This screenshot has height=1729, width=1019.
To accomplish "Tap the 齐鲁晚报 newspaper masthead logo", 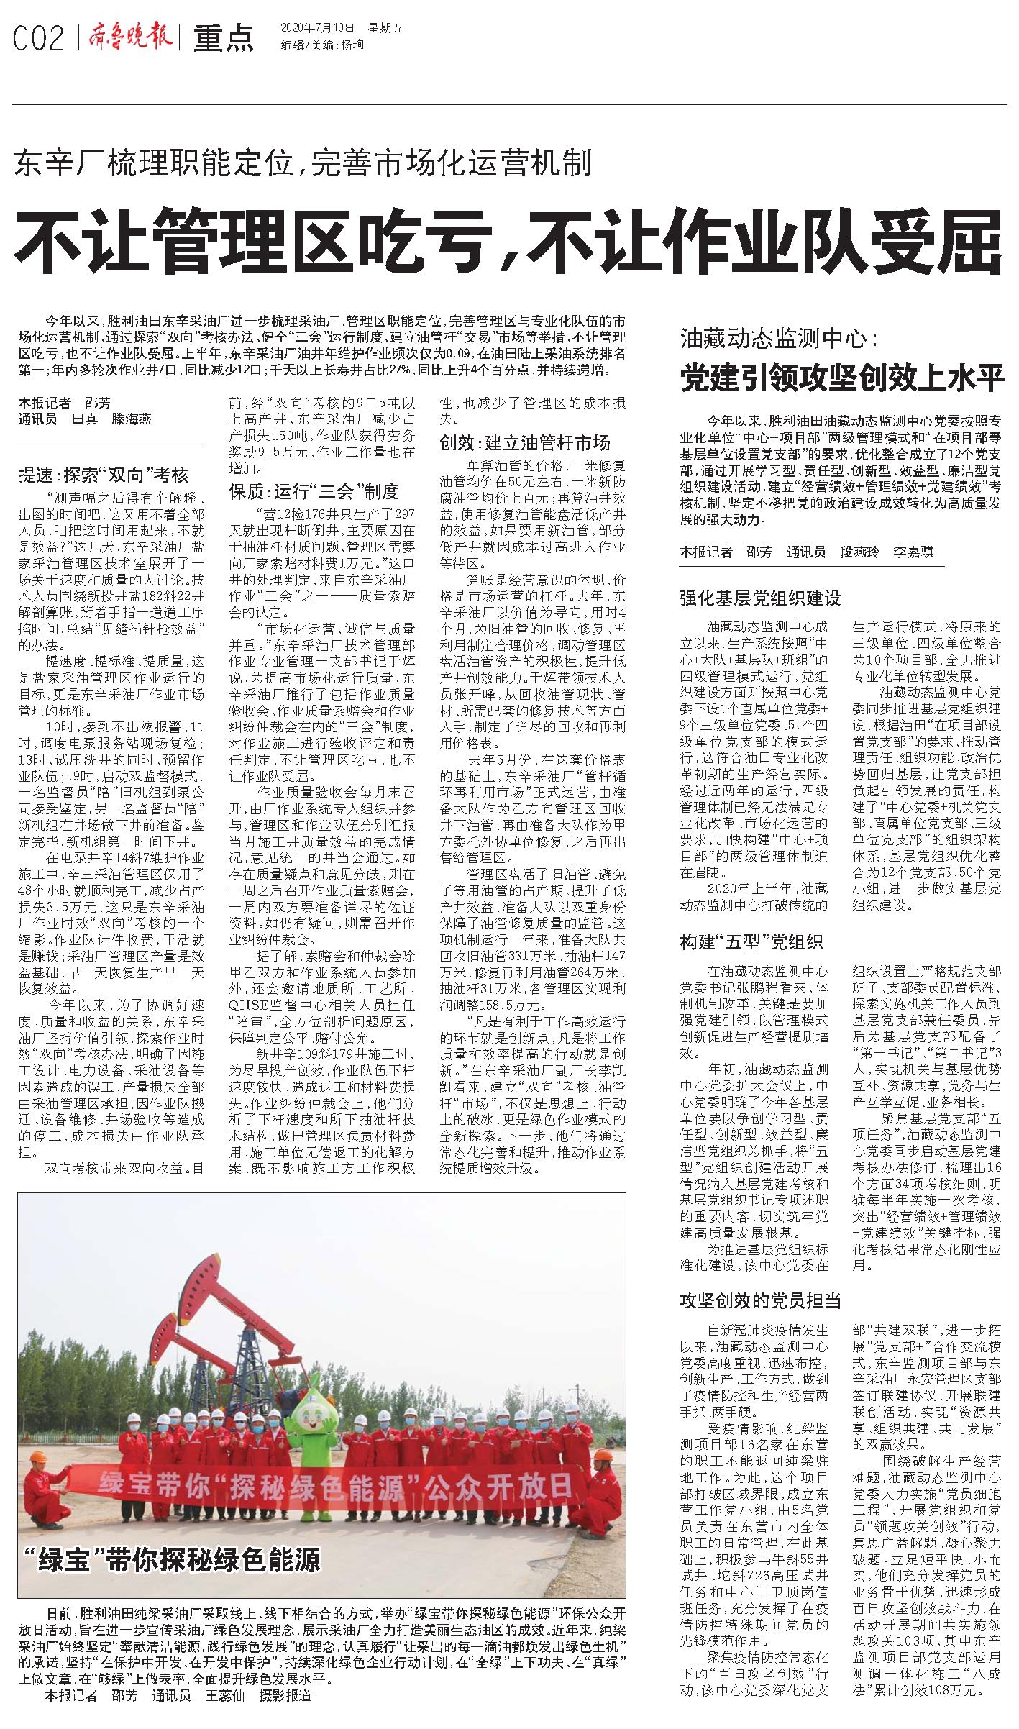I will click(x=130, y=36).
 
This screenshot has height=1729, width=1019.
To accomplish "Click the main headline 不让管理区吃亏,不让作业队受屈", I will click(x=508, y=238).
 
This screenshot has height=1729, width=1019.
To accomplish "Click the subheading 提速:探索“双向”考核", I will click(x=104, y=475).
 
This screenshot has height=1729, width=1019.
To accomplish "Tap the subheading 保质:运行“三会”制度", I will click(x=314, y=492).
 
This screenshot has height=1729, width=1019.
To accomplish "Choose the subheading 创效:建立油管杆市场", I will click(x=525, y=442).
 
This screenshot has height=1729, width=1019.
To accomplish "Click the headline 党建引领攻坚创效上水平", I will click(x=841, y=378).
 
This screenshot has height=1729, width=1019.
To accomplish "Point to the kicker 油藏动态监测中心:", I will click(x=780, y=339).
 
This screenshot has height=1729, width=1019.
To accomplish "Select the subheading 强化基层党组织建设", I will click(x=760, y=598).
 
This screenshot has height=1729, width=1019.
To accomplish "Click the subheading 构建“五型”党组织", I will click(x=751, y=941).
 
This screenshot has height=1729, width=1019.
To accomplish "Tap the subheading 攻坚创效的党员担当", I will click(x=760, y=1300).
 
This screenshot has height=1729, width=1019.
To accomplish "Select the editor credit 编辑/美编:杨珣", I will click(x=323, y=45).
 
